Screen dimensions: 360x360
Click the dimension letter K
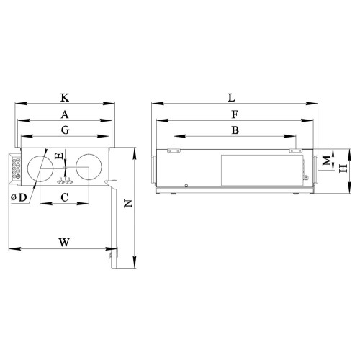65,96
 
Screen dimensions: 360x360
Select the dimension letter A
65,114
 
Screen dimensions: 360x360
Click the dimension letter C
64,197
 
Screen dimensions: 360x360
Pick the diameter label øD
19,197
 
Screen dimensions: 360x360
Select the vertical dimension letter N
127,204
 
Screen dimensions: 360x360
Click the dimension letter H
343,166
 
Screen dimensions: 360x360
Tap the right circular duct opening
90,167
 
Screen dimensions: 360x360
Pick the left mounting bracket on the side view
173,150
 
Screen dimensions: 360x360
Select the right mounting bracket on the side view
294,150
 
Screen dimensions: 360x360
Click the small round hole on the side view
186,186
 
